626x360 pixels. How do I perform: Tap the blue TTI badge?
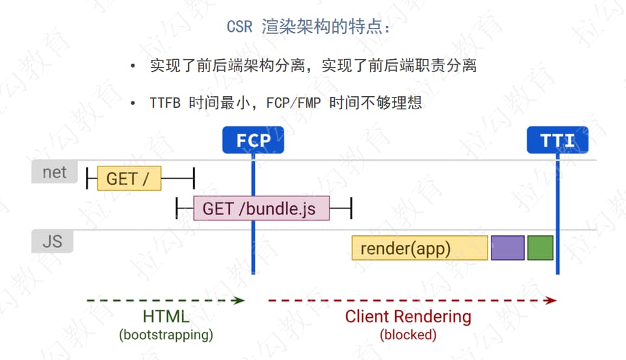coord(557,140)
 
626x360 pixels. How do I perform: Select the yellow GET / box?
coord(129,177)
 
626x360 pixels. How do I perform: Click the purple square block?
coord(507,248)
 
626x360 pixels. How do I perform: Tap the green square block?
coord(540,248)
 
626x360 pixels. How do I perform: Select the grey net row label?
coord(54,172)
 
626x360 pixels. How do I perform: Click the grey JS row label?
coord(52,241)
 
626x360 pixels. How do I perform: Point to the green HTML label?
coord(166,317)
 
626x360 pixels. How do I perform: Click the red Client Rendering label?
coord(408,317)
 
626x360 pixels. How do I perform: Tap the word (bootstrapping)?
coord(166,335)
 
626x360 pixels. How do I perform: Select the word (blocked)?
coord(408,335)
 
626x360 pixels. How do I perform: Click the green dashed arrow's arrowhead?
coord(241,300)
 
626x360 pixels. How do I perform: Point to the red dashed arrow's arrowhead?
coord(553,300)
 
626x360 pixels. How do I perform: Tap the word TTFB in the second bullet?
coord(164,103)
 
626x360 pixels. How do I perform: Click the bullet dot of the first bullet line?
coord(133,66)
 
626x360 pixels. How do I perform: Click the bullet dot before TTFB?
coord(133,103)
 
